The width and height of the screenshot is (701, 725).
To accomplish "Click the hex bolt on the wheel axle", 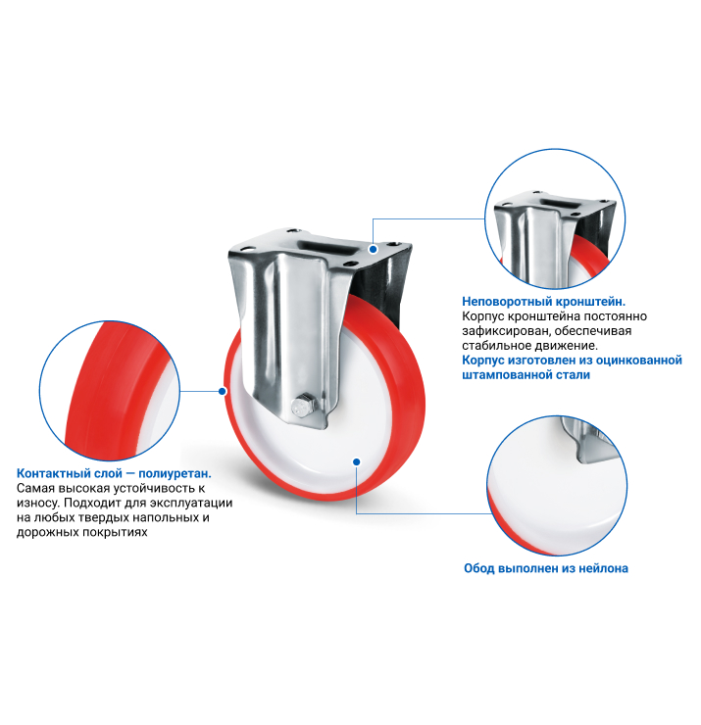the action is coord(304,406).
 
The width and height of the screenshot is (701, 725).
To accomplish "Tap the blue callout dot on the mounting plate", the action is coord(373,249).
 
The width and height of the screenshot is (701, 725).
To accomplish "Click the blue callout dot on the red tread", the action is coord(223,391).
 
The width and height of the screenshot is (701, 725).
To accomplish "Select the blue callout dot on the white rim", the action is coord(356,461).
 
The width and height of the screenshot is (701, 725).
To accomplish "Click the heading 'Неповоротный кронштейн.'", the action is coord(544,302).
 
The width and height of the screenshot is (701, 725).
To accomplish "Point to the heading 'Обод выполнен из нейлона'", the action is coord(546,568).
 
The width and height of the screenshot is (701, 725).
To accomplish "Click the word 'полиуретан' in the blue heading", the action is coord(174,473).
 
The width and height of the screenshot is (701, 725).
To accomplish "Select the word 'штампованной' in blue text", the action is coord(503,374).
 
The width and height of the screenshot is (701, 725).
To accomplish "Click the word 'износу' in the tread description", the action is coord(37,503).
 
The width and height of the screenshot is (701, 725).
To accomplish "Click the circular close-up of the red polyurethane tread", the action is coord(110,391).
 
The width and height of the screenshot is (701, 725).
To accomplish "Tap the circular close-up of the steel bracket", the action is coord(555,219).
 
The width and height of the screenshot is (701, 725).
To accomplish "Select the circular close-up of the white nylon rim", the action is coord(557,486).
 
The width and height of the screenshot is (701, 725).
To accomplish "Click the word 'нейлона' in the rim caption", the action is coord(603,568).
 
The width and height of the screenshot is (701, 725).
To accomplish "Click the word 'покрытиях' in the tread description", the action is coord(115,532).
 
